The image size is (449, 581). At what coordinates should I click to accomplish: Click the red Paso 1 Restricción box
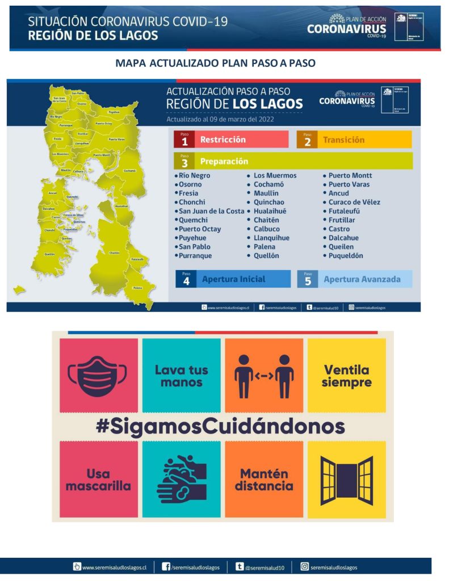(x=231, y=140)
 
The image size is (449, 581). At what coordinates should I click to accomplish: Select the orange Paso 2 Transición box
(x=354, y=140)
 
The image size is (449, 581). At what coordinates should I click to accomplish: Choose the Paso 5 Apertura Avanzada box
(x=355, y=279)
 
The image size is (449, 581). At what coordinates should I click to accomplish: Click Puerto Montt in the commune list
(x=350, y=176)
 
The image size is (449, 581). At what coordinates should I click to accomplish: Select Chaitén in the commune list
(x=266, y=220)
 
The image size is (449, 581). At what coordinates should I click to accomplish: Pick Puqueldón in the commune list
(x=346, y=256)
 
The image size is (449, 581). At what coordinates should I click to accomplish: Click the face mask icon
(x=98, y=376)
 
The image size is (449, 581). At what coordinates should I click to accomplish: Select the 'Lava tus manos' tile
(x=181, y=376)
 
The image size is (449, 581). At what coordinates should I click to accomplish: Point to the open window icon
(x=346, y=479)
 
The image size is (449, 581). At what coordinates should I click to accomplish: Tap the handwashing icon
(x=181, y=479)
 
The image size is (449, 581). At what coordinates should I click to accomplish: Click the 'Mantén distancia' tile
(x=264, y=479)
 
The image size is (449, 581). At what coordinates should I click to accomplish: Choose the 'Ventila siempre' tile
(x=346, y=376)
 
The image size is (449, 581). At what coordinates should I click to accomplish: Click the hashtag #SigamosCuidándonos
(x=220, y=427)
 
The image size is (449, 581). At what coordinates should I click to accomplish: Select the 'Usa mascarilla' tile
(x=98, y=479)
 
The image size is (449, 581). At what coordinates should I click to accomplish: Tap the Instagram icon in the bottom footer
(x=304, y=566)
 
